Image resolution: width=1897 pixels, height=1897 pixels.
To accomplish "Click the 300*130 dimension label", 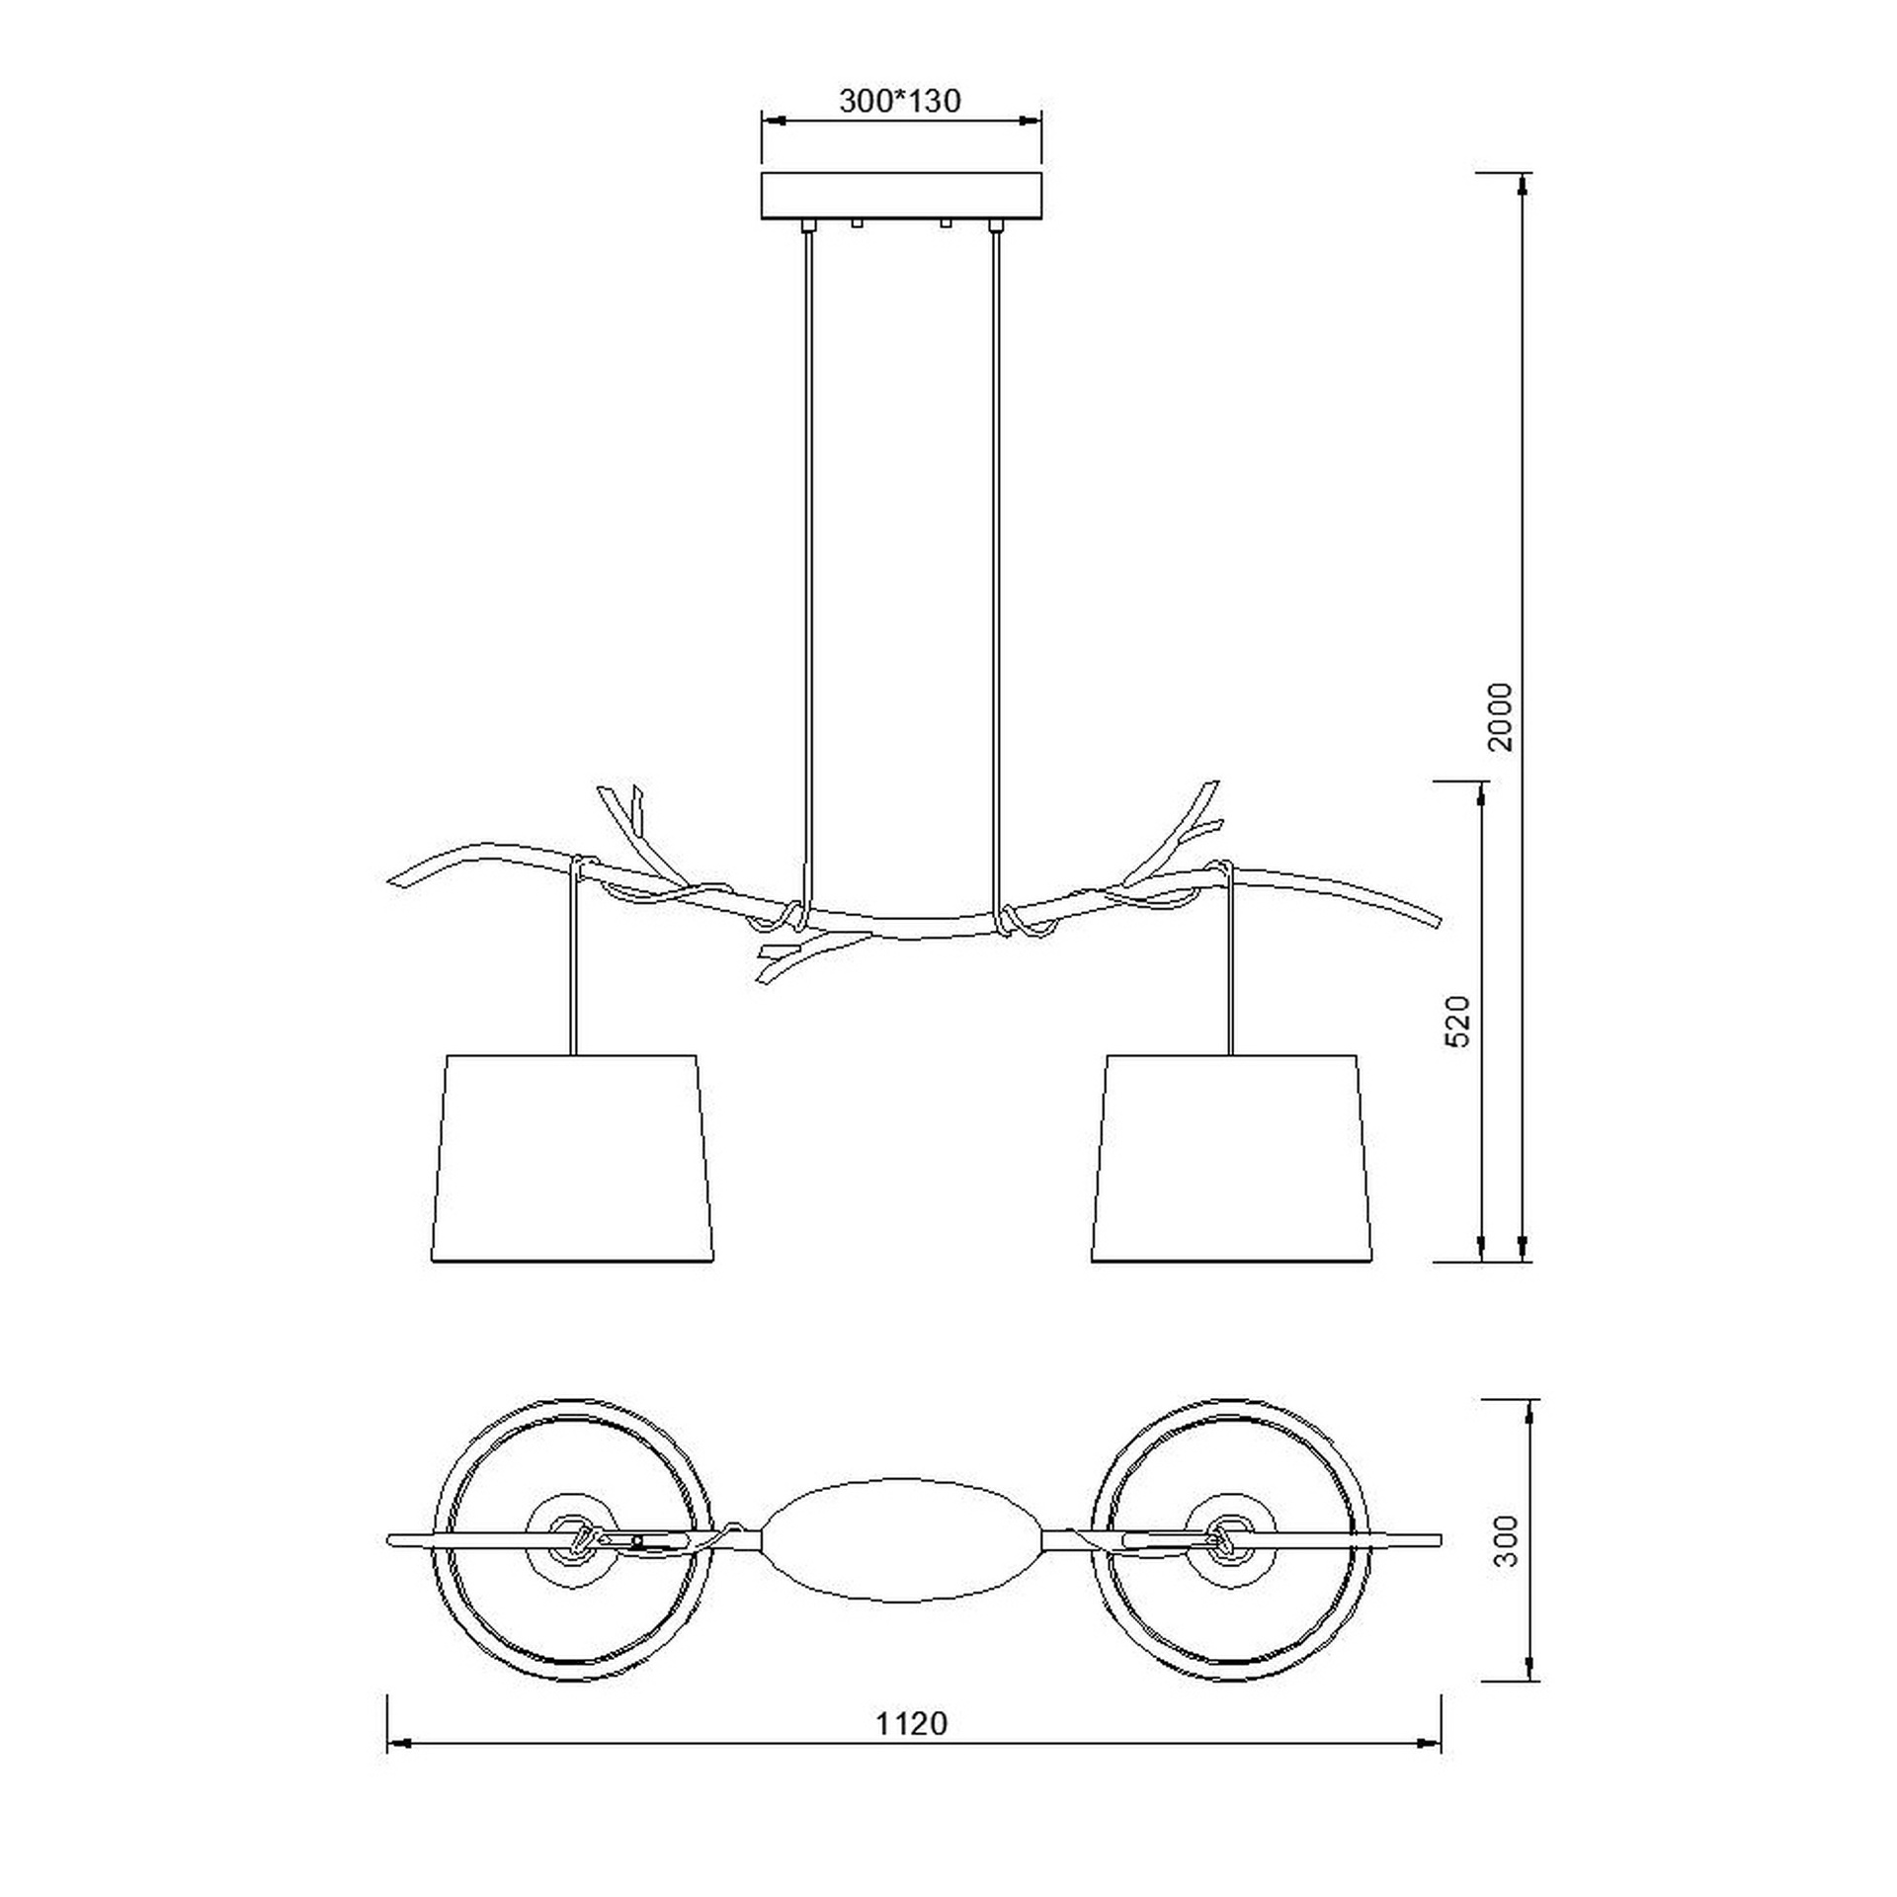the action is click(899, 101).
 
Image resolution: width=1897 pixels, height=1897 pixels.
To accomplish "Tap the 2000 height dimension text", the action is click(1501, 717).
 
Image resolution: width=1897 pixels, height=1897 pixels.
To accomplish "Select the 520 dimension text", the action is click(1458, 1021).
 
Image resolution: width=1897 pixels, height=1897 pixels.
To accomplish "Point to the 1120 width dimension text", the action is click(911, 1723).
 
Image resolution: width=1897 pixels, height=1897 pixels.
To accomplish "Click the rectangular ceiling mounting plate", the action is click(901, 197).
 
